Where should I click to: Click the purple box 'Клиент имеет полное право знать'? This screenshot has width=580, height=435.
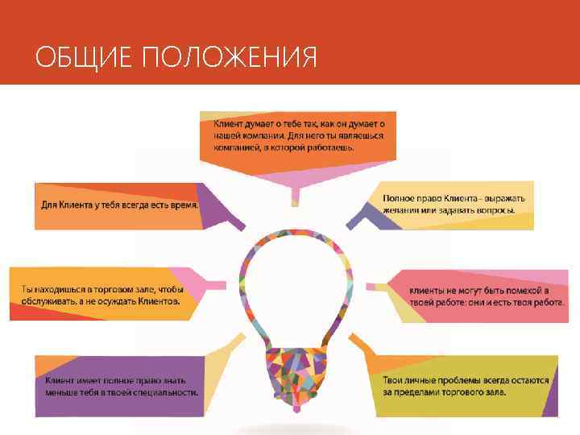(x=121, y=385)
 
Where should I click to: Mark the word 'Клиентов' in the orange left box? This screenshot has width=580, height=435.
(x=153, y=301)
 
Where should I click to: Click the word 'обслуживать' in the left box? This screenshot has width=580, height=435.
(x=47, y=301)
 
